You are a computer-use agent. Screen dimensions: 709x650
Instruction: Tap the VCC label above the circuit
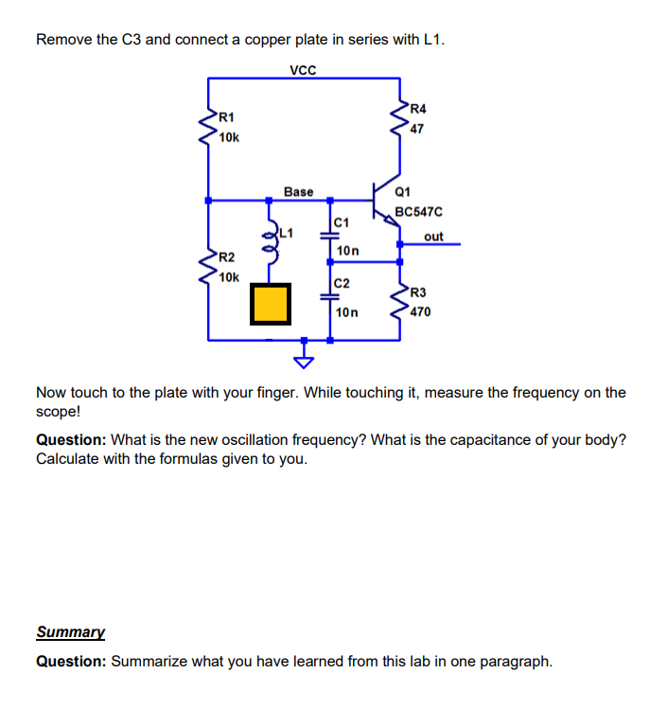point(303,69)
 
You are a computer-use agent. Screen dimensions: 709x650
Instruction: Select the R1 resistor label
point(225,117)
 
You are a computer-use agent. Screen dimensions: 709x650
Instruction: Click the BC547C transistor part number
point(419,213)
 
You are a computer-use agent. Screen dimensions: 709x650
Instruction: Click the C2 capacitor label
point(342,283)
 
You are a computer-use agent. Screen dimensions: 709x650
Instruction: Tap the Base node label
point(298,191)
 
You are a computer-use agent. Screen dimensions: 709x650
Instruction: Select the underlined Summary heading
point(70,631)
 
